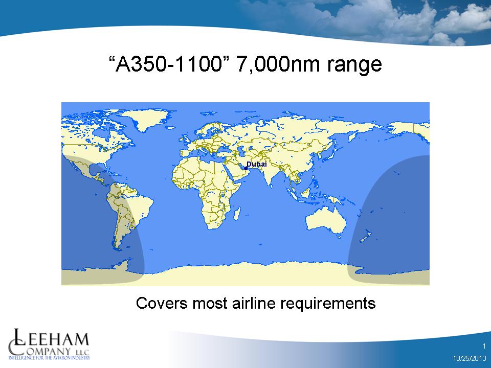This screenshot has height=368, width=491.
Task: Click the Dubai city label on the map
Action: point(256,164)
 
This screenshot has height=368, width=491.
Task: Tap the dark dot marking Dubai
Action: point(246,168)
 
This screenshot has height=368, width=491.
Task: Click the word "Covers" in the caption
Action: point(162,303)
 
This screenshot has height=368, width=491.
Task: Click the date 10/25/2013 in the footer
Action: point(470,358)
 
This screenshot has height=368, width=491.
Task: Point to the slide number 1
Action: point(484,346)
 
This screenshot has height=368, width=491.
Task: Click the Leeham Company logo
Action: point(49,344)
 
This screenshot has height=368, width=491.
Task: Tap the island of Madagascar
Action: point(237,214)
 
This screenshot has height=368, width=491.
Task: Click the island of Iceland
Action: point(170,128)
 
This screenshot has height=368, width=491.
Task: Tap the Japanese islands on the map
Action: point(328,154)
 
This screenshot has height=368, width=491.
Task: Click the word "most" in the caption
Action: point(210,303)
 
